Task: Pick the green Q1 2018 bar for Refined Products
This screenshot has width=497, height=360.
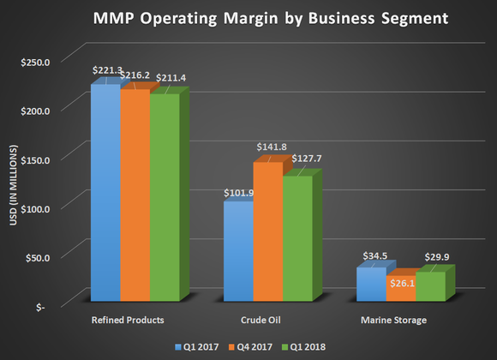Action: pos(164,197)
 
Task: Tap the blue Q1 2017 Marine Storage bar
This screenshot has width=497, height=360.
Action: pos(369,285)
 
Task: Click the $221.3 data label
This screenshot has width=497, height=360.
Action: pos(107,69)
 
